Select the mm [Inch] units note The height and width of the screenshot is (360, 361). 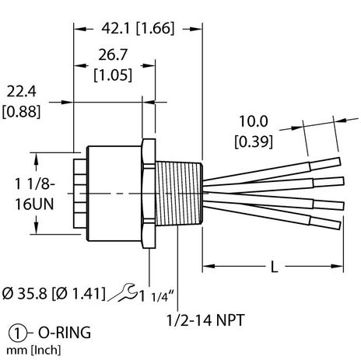tap(32, 350)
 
